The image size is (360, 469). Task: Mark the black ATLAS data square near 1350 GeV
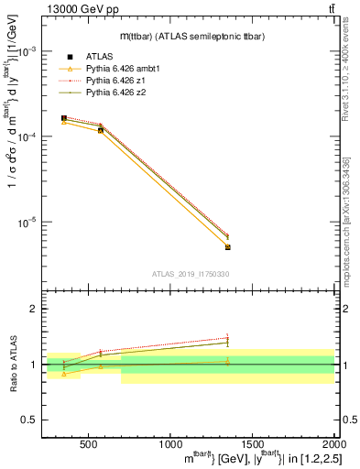point(227,247)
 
